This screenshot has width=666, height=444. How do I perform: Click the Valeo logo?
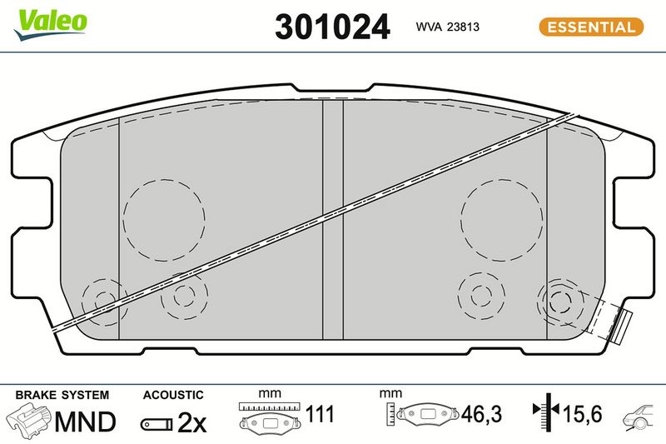point(50,24)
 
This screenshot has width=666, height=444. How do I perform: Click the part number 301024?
point(332,27)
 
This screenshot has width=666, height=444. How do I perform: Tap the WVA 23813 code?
point(447,27)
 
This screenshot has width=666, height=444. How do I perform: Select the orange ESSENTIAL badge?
point(591,27)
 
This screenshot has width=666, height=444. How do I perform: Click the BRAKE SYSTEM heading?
point(62,395)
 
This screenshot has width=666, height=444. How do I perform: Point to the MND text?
point(85,422)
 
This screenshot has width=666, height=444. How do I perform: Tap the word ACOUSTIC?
point(173,395)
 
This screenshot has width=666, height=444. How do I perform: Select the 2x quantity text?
point(191,422)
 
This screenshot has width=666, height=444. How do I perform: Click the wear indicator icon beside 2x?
point(157,424)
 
